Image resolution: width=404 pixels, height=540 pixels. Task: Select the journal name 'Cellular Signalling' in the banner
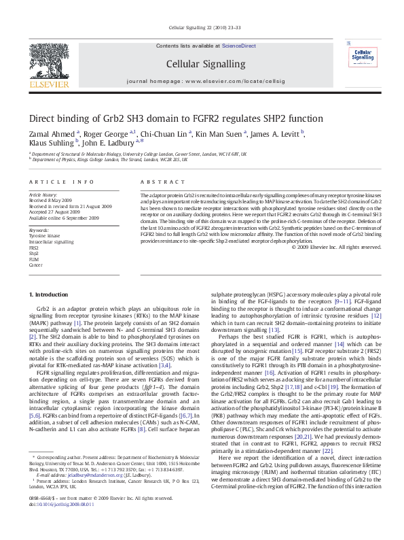click(202, 64)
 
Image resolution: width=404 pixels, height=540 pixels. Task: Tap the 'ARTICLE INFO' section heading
click(62, 183)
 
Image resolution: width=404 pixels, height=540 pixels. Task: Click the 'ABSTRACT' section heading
click(158, 183)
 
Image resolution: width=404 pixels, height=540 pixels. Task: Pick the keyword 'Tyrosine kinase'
click(44, 235)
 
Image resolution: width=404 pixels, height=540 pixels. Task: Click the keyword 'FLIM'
click(34, 258)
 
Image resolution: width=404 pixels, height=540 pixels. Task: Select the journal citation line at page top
click(202, 27)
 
